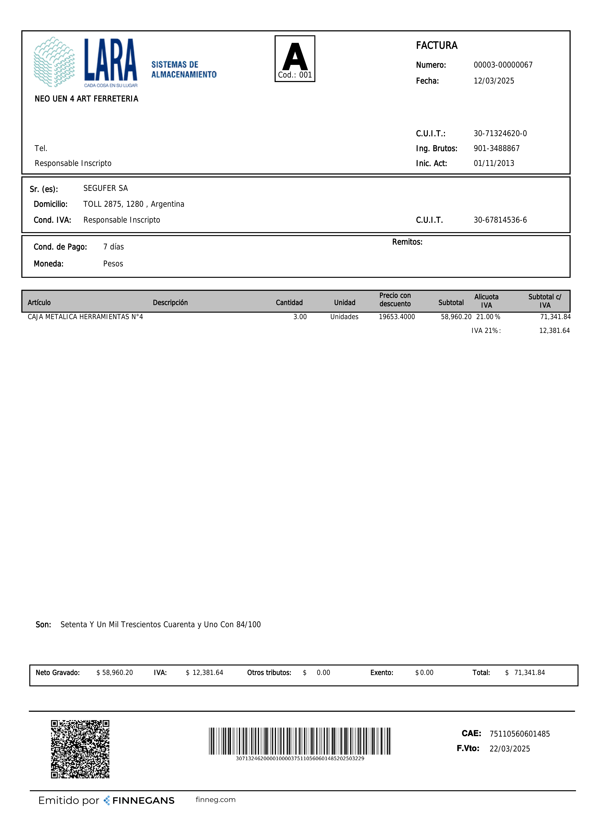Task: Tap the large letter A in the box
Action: (x=295, y=57)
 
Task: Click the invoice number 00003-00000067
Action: (x=503, y=65)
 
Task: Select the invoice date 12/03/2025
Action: (x=494, y=81)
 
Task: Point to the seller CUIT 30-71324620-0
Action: (x=500, y=133)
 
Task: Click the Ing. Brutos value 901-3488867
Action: (x=496, y=148)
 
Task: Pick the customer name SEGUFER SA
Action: (x=106, y=188)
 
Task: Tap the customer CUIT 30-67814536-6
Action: (x=500, y=220)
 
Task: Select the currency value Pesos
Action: (x=113, y=264)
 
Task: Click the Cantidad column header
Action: (x=289, y=303)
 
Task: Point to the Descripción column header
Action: (x=170, y=303)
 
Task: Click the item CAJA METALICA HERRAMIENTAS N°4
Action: (x=85, y=317)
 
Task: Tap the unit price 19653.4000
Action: (x=397, y=317)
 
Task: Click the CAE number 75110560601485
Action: (x=519, y=734)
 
